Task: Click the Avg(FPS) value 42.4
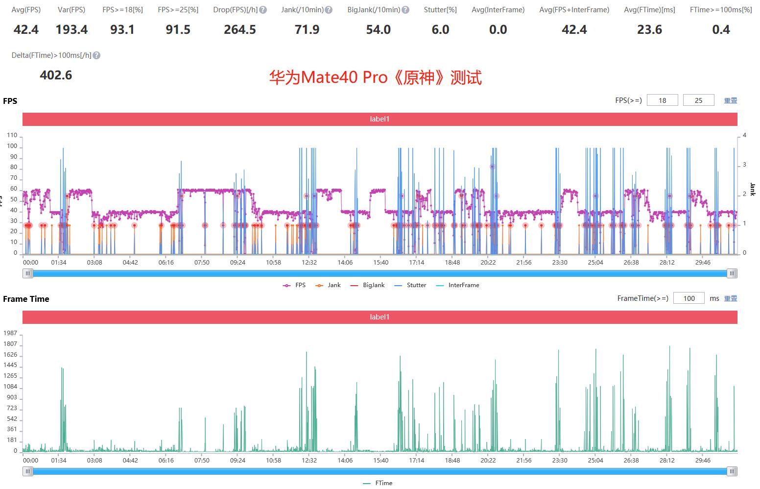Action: [x=26, y=30]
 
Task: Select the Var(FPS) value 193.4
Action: [x=71, y=30]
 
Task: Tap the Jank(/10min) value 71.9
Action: [x=307, y=30]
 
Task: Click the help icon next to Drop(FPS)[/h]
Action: [x=263, y=10]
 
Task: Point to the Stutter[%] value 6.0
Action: [x=440, y=30]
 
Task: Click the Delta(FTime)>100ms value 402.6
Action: [x=56, y=75]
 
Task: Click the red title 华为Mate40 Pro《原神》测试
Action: [x=375, y=77]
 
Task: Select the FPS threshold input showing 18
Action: [x=662, y=100]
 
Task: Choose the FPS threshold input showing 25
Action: [x=698, y=100]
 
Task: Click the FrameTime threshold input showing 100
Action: [x=689, y=298]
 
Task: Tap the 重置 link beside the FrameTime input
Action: [x=730, y=298]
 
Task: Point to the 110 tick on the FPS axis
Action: [x=12, y=135]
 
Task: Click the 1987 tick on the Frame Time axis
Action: [x=10, y=333]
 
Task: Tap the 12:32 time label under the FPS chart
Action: [x=309, y=263]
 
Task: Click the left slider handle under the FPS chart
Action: [x=28, y=273]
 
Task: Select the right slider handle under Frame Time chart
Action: [x=732, y=471]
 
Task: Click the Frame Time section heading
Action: [x=26, y=299]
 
